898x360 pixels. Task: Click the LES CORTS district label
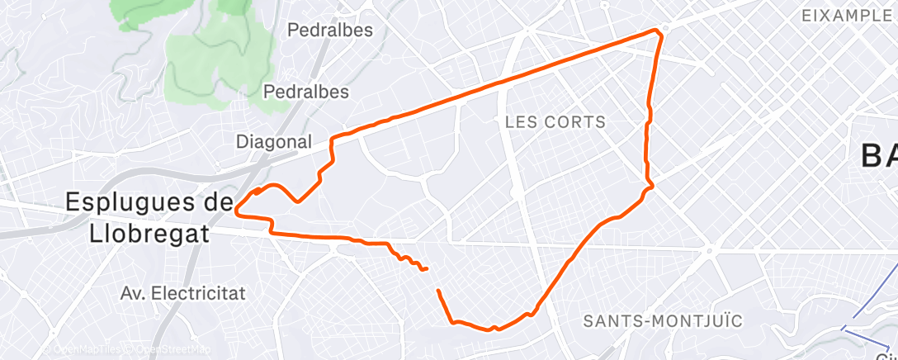point(555,122)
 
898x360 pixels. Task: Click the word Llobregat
point(149,234)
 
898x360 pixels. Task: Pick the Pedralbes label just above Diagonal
point(305,92)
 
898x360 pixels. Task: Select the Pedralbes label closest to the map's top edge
point(330,31)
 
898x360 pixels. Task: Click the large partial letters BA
point(878,155)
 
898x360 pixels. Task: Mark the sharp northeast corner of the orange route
point(659,31)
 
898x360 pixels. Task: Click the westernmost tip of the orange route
point(237,211)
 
